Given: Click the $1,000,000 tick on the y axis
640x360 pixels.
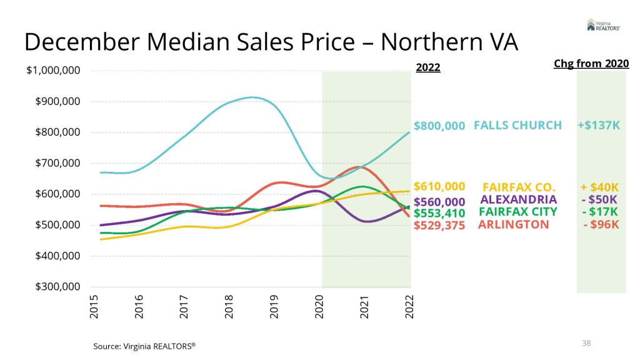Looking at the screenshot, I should tap(52, 71).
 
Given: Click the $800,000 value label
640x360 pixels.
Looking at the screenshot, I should tap(439, 126).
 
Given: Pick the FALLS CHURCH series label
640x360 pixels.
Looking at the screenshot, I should tap(517, 125).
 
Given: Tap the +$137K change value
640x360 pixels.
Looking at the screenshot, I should tap(599, 126).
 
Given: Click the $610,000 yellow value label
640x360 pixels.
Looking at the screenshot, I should tap(439, 186).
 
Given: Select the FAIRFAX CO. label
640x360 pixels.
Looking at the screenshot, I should tap(519, 187).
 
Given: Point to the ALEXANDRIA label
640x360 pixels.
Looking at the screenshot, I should tap(518, 199).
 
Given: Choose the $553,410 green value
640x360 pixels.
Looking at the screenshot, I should tap(439, 213).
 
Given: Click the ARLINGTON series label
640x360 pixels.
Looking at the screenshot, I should tap(513, 224).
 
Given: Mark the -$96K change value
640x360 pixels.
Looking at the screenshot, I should tap(601, 224).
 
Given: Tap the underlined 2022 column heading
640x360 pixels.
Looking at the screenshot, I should tap(428, 67).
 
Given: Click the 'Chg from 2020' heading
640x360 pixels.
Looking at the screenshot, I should tap(591, 64).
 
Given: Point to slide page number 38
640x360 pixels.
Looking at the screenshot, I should tap(586, 343).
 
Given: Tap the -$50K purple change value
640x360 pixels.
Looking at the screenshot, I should tap(601, 199).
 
